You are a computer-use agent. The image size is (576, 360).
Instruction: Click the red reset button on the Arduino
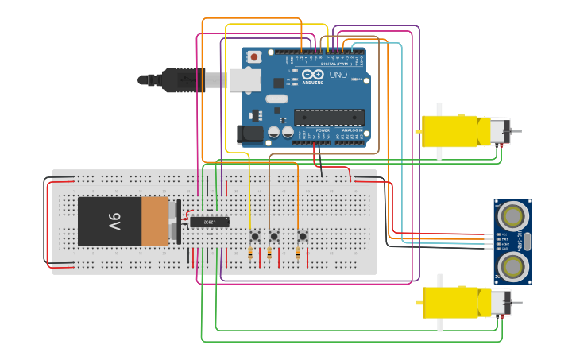(254, 56)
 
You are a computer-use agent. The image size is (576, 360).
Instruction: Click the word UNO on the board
(338, 75)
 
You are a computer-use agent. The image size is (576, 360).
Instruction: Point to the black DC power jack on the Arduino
(249, 134)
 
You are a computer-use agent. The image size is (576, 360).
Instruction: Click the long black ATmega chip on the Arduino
(329, 118)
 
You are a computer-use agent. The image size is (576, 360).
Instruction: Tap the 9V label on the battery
(114, 221)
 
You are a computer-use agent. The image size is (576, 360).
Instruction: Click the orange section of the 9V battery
(155, 221)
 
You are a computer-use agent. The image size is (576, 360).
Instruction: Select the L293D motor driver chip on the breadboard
(210, 222)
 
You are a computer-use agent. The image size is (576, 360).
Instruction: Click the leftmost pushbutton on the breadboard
(255, 236)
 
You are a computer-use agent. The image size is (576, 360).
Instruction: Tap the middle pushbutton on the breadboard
(274, 236)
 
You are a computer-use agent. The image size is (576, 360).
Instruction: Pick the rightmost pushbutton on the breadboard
(303, 236)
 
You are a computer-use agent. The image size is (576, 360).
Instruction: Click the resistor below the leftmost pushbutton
(251, 255)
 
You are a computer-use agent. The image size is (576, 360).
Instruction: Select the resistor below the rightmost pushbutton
(298, 255)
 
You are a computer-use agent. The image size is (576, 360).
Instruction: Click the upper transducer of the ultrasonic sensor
(512, 215)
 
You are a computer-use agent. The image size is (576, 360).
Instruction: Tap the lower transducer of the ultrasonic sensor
(512, 265)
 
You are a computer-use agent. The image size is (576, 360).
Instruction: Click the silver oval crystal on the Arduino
(276, 99)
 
